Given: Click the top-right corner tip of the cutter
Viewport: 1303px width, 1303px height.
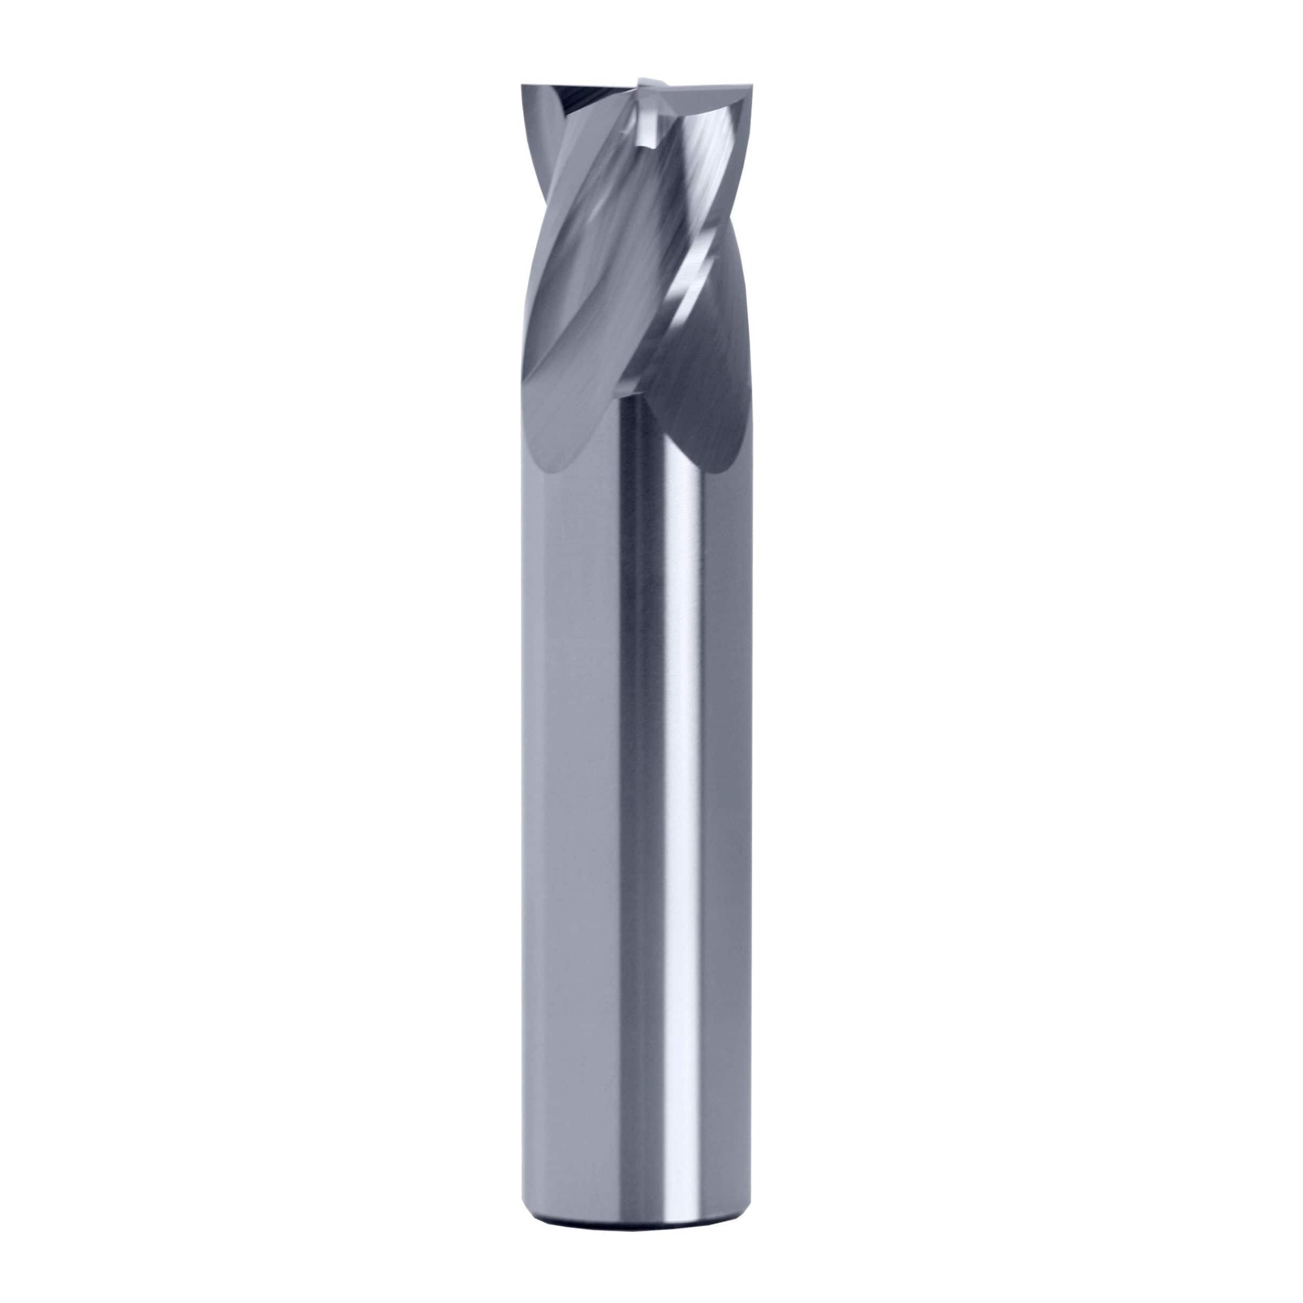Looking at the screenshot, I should [x=750, y=86].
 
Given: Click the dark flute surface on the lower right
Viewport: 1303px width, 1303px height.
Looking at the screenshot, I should [x=701, y=391].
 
